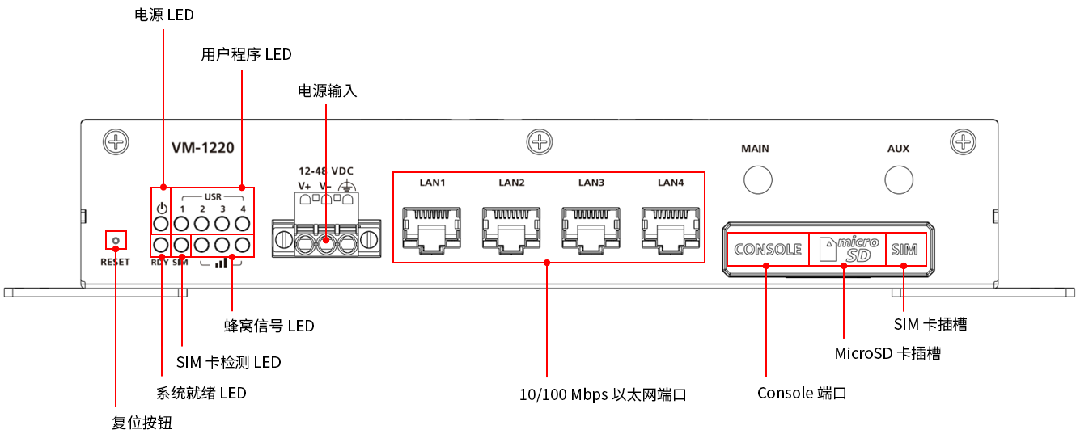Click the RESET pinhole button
click(x=116, y=240)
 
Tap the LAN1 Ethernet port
click(x=433, y=229)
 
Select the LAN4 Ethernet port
click(x=671, y=229)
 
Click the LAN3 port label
click(x=591, y=183)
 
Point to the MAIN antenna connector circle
click(x=757, y=179)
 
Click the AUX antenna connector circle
click(x=899, y=179)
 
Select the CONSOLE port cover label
click(x=768, y=250)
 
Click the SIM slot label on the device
click(x=904, y=250)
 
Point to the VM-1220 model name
click(x=203, y=148)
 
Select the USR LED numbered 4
click(x=242, y=223)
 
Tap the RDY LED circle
click(x=161, y=245)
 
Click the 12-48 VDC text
click(x=326, y=171)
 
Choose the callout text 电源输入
click(x=328, y=91)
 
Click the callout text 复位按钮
click(x=142, y=423)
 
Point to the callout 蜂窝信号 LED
click(x=269, y=326)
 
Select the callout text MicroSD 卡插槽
click(x=887, y=353)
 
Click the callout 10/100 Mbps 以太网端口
click(x=603, y=395)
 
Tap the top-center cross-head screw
click(x=539, y=143)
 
